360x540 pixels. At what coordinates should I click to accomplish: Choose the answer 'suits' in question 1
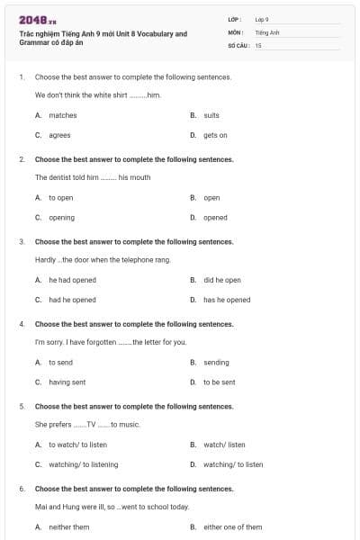211,115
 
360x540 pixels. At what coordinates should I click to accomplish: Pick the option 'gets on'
214,135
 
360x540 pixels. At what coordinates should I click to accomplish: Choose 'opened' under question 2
215,217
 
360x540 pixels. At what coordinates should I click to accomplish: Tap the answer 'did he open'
221,280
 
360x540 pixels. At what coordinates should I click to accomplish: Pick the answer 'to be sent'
219,382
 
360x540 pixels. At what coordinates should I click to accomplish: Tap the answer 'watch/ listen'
223,445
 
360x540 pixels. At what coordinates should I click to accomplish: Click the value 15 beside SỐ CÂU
258,44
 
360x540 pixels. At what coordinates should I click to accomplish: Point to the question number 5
22,406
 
